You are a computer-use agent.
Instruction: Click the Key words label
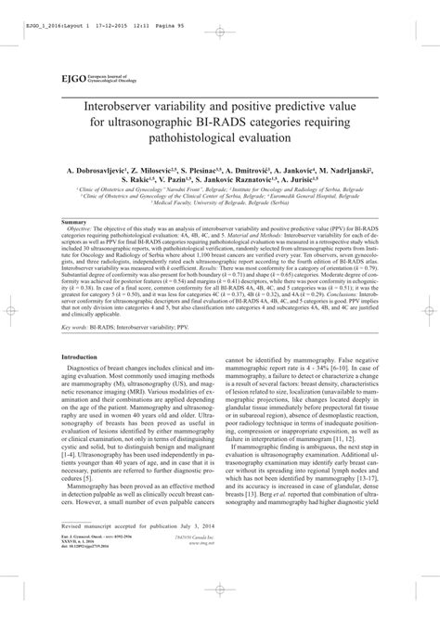click(x=77, y=327)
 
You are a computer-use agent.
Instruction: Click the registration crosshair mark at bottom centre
click(x=220, y=603)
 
